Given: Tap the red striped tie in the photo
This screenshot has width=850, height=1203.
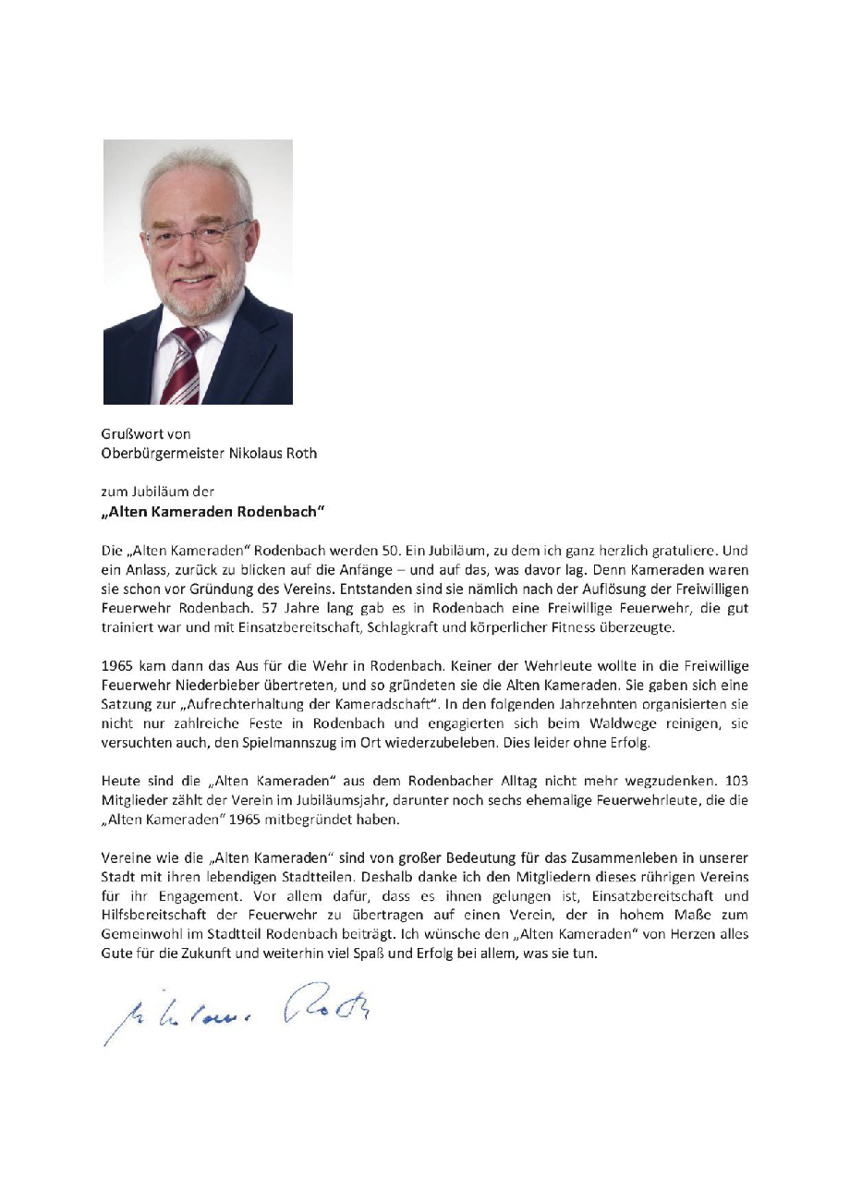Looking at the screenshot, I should [x=182, y=364].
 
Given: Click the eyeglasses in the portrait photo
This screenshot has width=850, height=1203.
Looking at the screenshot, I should [x=198, y=233].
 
